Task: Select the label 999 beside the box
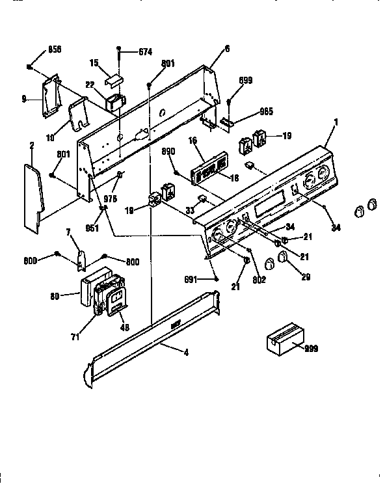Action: pos(311,349)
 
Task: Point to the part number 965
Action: pos(248,111)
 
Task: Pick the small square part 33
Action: pos(203,198)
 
